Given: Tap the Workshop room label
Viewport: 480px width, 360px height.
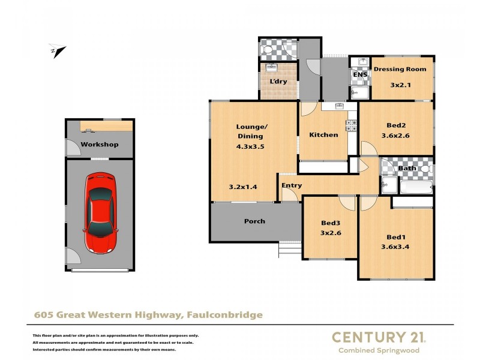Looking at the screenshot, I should coord(100,145).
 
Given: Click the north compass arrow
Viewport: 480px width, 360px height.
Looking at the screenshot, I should coord(59,52).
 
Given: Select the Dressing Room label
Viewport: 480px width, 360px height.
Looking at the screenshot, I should coord(400,69).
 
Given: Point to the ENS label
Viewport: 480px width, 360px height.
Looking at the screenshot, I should coord(359,75).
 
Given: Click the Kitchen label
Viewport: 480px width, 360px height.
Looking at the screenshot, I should coord(323,135).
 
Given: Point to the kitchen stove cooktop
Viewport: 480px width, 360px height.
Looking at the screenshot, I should coord(352,125).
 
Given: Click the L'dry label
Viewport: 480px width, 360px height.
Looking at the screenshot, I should coord(278,81).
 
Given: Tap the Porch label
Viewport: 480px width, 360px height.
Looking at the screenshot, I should coord(254,221).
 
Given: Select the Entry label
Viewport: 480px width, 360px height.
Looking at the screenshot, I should coord(292,185).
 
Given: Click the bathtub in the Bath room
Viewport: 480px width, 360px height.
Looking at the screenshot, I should coord(416,187).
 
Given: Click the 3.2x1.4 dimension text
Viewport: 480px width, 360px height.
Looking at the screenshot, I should coord(243,187).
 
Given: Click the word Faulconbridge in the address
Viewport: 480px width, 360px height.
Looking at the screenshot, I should coord(225,314).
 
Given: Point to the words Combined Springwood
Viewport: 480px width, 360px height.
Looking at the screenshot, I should coord(379,350).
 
